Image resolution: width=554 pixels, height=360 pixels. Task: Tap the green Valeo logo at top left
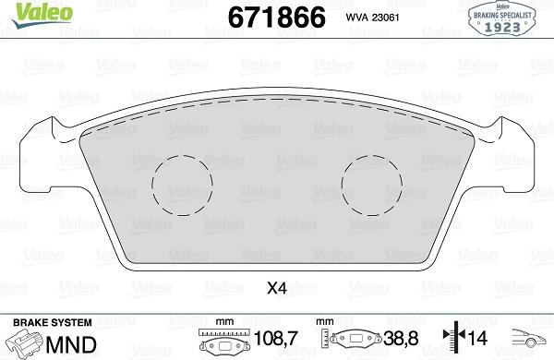click(24, 11)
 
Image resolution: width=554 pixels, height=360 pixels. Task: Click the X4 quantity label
click(276, 288)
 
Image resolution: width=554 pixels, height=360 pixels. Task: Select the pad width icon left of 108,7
click(223, 342)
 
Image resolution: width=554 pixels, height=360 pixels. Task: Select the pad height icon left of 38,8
click(357, 342)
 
